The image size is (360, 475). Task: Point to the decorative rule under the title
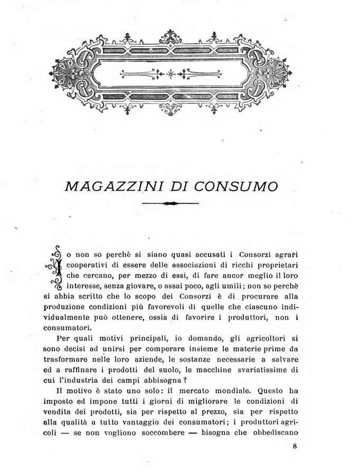[x=170, y=203]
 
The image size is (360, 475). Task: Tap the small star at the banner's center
[x=170, y=73]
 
